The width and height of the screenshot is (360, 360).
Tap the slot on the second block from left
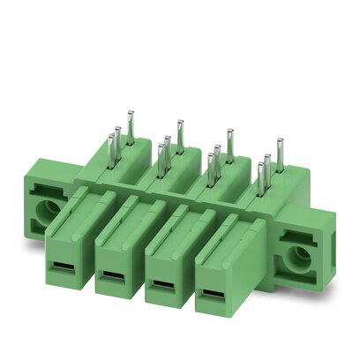coord(112,278)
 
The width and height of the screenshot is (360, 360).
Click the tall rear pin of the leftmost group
coord(130,126)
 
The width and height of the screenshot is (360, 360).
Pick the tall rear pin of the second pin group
coord(179,135)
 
